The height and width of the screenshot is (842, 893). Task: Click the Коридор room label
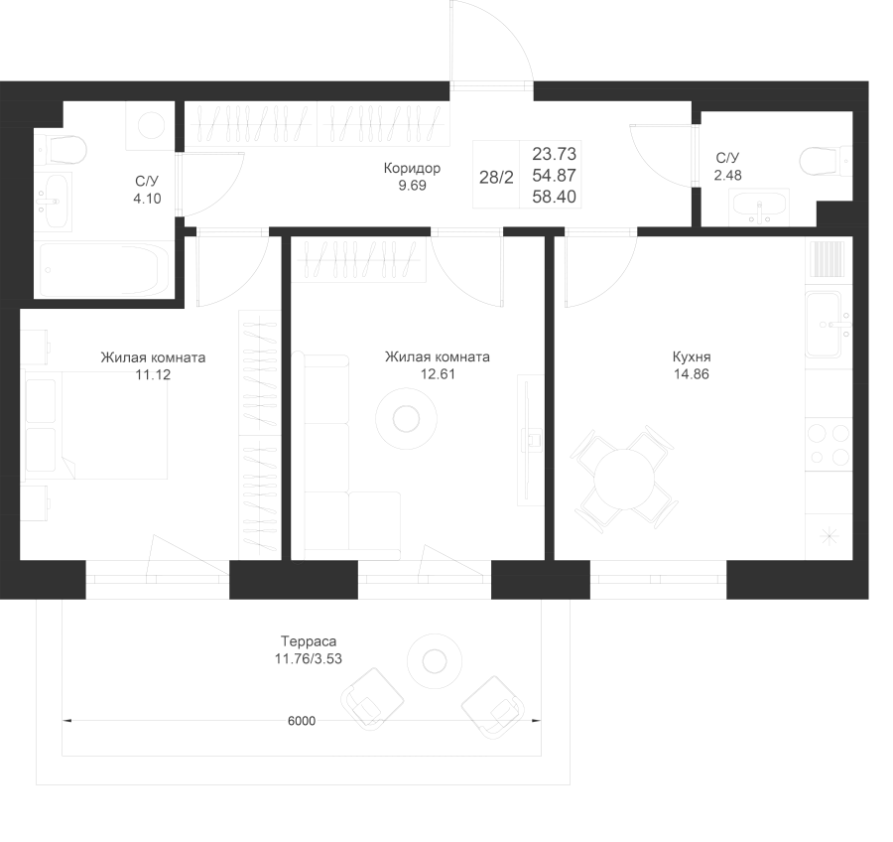pyautogui.click(x=412, y=168)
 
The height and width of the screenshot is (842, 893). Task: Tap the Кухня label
pyautogui.click(x=692, y=356)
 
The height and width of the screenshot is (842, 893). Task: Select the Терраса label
pyautogui.click(x=309, y=641)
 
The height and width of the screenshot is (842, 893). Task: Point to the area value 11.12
pyautogui.click(x=153, y=374)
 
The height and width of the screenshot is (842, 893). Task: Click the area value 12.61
pyautogui.click(x=438, y=374)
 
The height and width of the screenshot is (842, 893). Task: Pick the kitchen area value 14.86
pyautogui.click(x=692, y=374)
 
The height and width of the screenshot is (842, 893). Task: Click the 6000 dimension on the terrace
pyautogui.click(x=302, y=721)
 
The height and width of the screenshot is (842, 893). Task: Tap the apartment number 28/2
pyautogui.click(x=496, y=178)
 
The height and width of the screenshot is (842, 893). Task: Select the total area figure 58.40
pyautogui.click(x=554, y=197)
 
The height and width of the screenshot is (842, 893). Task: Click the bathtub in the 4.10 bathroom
pyautogui.click(x=103, y=269)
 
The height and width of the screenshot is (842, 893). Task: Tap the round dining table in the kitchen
pyautogui.click(x=624, y=479)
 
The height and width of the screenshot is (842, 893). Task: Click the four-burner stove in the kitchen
pyautogui.click(x=829, y=445)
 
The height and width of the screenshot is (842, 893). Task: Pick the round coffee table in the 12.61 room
pyautogui.click(x=406, y=419)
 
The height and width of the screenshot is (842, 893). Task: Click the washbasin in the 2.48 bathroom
pyautogui.click(x=759, y=207)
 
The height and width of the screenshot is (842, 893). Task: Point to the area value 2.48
pyautogui.click(x=728, y=175)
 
